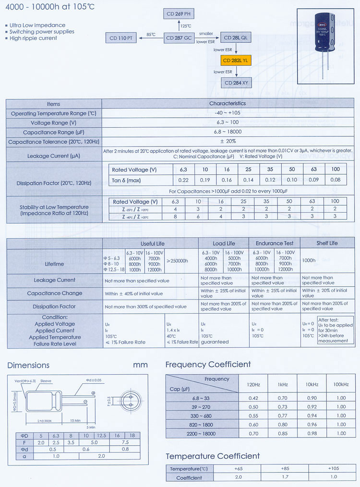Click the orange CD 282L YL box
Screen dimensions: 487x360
tap(235, 60)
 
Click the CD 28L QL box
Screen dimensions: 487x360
tap(236, 37)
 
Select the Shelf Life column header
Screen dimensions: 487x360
tap(327, 243)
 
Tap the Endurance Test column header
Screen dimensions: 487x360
tap(275, 243)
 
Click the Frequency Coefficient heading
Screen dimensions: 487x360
tap(208, 365)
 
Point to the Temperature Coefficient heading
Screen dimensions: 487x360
tap(213, 456)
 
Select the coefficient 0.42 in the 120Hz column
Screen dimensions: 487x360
tap(253, 398)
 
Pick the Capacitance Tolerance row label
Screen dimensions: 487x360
tap(53, 142)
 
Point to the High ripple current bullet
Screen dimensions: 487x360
tap(34, 38)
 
